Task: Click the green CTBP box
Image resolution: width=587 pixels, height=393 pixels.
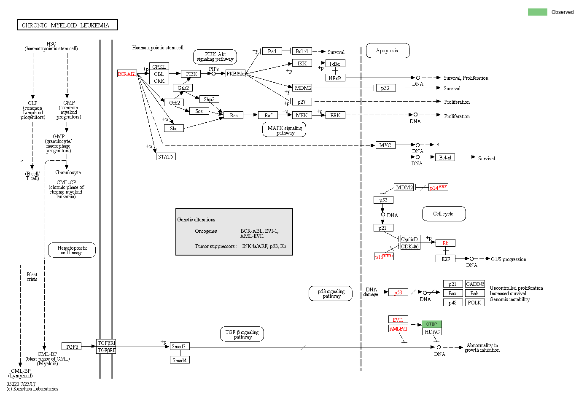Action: [x=432, y=324]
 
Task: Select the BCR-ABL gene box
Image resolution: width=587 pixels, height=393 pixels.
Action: [x=127, y=74]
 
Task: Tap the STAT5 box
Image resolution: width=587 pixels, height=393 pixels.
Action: [x=166, y=156]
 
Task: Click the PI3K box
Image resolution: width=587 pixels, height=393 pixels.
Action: [x=191, y=74]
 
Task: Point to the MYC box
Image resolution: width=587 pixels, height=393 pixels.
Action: [x=385, y=145]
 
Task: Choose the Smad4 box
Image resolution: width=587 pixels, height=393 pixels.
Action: [x=180, y=360]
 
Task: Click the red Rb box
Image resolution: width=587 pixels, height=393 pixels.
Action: [x=445, y=243]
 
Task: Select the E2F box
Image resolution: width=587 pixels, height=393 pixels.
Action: [x=445, y=259]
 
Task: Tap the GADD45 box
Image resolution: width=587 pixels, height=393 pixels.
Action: [x=475, y=284]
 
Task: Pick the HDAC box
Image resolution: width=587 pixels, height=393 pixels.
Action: [x=432, y=331]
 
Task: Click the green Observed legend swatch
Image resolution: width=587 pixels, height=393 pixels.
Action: [x=537, y=12]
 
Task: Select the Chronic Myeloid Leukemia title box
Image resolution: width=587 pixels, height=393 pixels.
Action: [x=67, y=25]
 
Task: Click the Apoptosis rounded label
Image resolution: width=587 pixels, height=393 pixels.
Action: [x=387, y=51]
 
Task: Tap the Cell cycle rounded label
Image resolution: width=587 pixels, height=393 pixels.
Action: [x=443, y=214]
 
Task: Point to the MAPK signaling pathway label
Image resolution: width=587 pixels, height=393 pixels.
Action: [x=285, y=130]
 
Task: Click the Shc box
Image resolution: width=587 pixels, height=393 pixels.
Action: [x=174, y=128]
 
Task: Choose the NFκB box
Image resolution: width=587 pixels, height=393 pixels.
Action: [x=335, y=78]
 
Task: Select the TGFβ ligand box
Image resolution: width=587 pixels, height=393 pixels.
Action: [x=72, y=347]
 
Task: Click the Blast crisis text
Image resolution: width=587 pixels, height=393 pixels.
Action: [x=32, y=277]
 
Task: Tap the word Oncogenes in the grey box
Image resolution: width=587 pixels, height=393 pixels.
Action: [x=206, y=231]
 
